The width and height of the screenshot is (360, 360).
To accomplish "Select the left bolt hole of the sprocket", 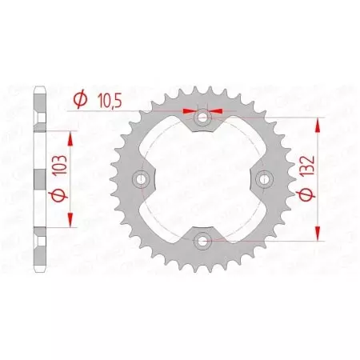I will pos(144,178).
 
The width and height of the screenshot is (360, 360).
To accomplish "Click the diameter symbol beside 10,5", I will pos(80,100).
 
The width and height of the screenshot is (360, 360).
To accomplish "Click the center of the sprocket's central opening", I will pos(203,178).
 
